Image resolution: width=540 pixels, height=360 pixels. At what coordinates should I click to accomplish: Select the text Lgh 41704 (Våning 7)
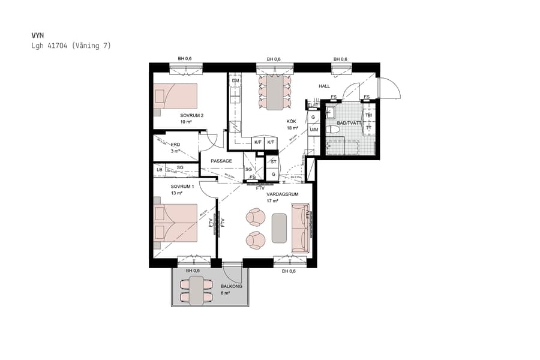(x=71, y=46)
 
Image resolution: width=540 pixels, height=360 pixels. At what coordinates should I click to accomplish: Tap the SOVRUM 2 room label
(x=192, y=115)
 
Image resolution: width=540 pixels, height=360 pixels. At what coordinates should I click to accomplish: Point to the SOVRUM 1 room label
(x=182, y=187)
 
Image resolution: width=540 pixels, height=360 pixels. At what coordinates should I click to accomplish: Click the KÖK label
(x=292, y=121)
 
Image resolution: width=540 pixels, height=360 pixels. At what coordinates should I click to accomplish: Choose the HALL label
(x=324, y=86)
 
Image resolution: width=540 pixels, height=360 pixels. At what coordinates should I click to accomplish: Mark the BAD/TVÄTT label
(x=349, y=123)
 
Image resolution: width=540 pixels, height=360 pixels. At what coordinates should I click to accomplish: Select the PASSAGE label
(x=221, y=161)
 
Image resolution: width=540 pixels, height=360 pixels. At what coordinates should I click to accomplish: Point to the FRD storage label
(x=176, y=145)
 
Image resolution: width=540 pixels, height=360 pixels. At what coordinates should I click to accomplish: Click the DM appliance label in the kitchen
(x=236, y=80)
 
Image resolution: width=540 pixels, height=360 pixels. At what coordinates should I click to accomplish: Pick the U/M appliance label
(x=314, y=130)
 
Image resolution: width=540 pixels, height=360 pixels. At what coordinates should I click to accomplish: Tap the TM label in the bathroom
(x=368, y=115)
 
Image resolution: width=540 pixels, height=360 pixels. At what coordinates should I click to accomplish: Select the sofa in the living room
(x=299, y=227)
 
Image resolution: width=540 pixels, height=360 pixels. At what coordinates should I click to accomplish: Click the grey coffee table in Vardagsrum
(x=279, y=228)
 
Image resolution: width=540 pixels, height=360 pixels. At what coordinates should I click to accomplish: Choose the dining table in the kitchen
(x=274, y=92)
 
